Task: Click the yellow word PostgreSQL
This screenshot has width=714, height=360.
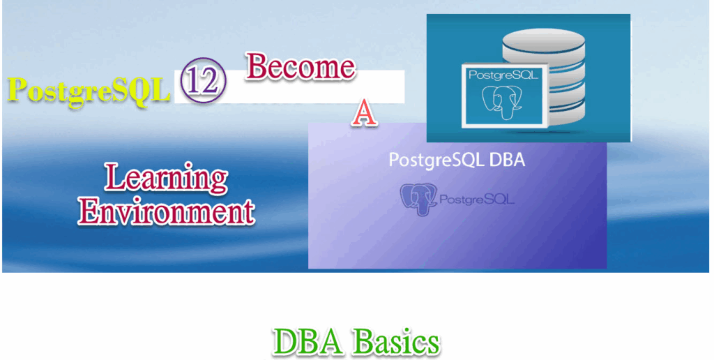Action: pyautogui.click(x=89, y=91)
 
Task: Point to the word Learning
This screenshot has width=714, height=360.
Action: pyautogui.click(x=166, y=178)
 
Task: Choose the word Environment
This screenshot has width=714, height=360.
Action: pyautogui.click(x=166, y=210)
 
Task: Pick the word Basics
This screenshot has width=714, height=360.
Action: pyautogui.click(x=396, y=342)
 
